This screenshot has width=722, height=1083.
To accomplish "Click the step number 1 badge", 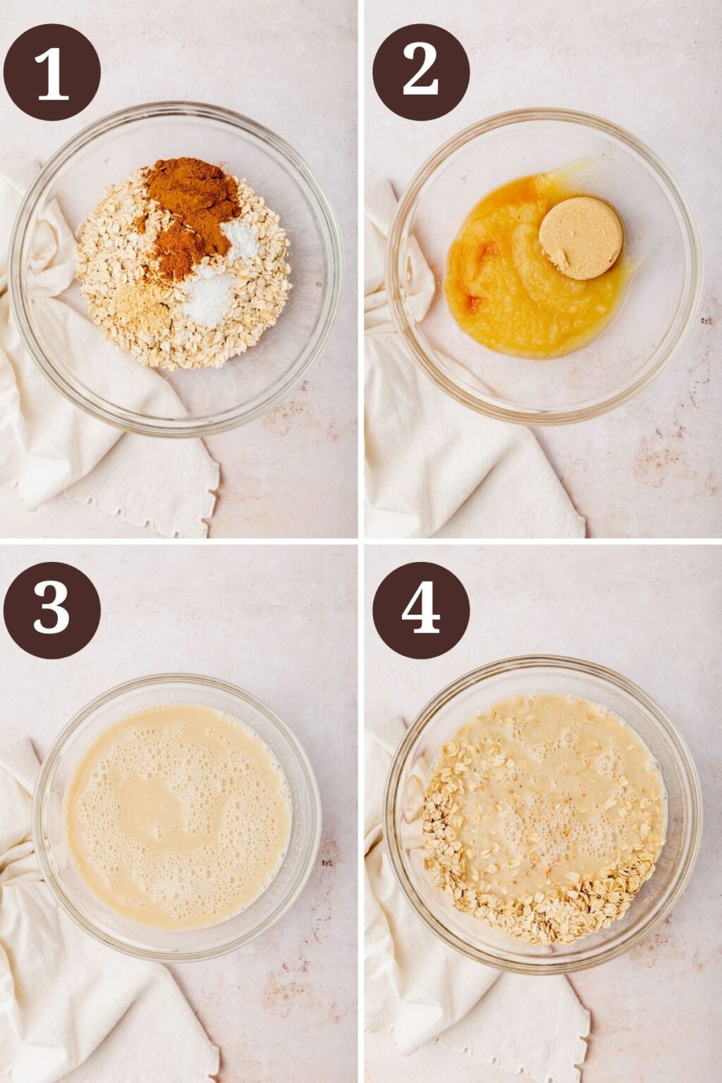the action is coord(51,73).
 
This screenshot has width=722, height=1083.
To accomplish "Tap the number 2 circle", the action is coord(421,73).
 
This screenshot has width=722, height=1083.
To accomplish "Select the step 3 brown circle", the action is coord(51,610).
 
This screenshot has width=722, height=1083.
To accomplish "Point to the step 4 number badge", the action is coord(421,610).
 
